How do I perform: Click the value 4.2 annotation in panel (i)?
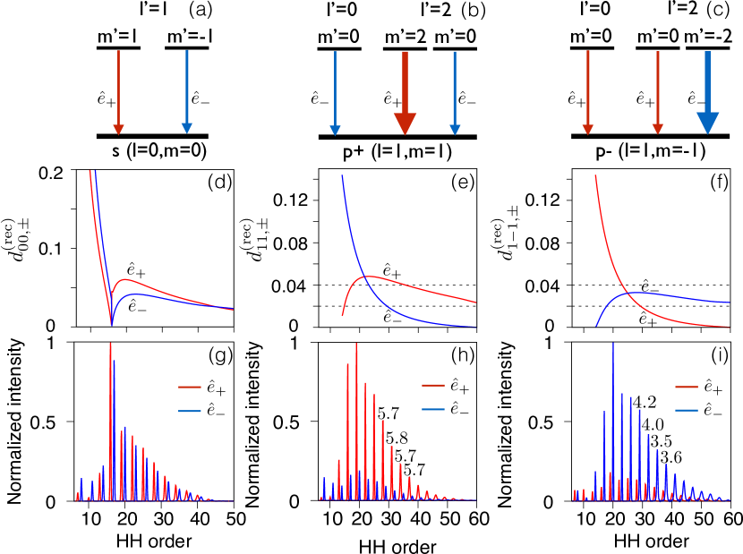[645, 401]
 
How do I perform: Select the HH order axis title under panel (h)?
[400, 543]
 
